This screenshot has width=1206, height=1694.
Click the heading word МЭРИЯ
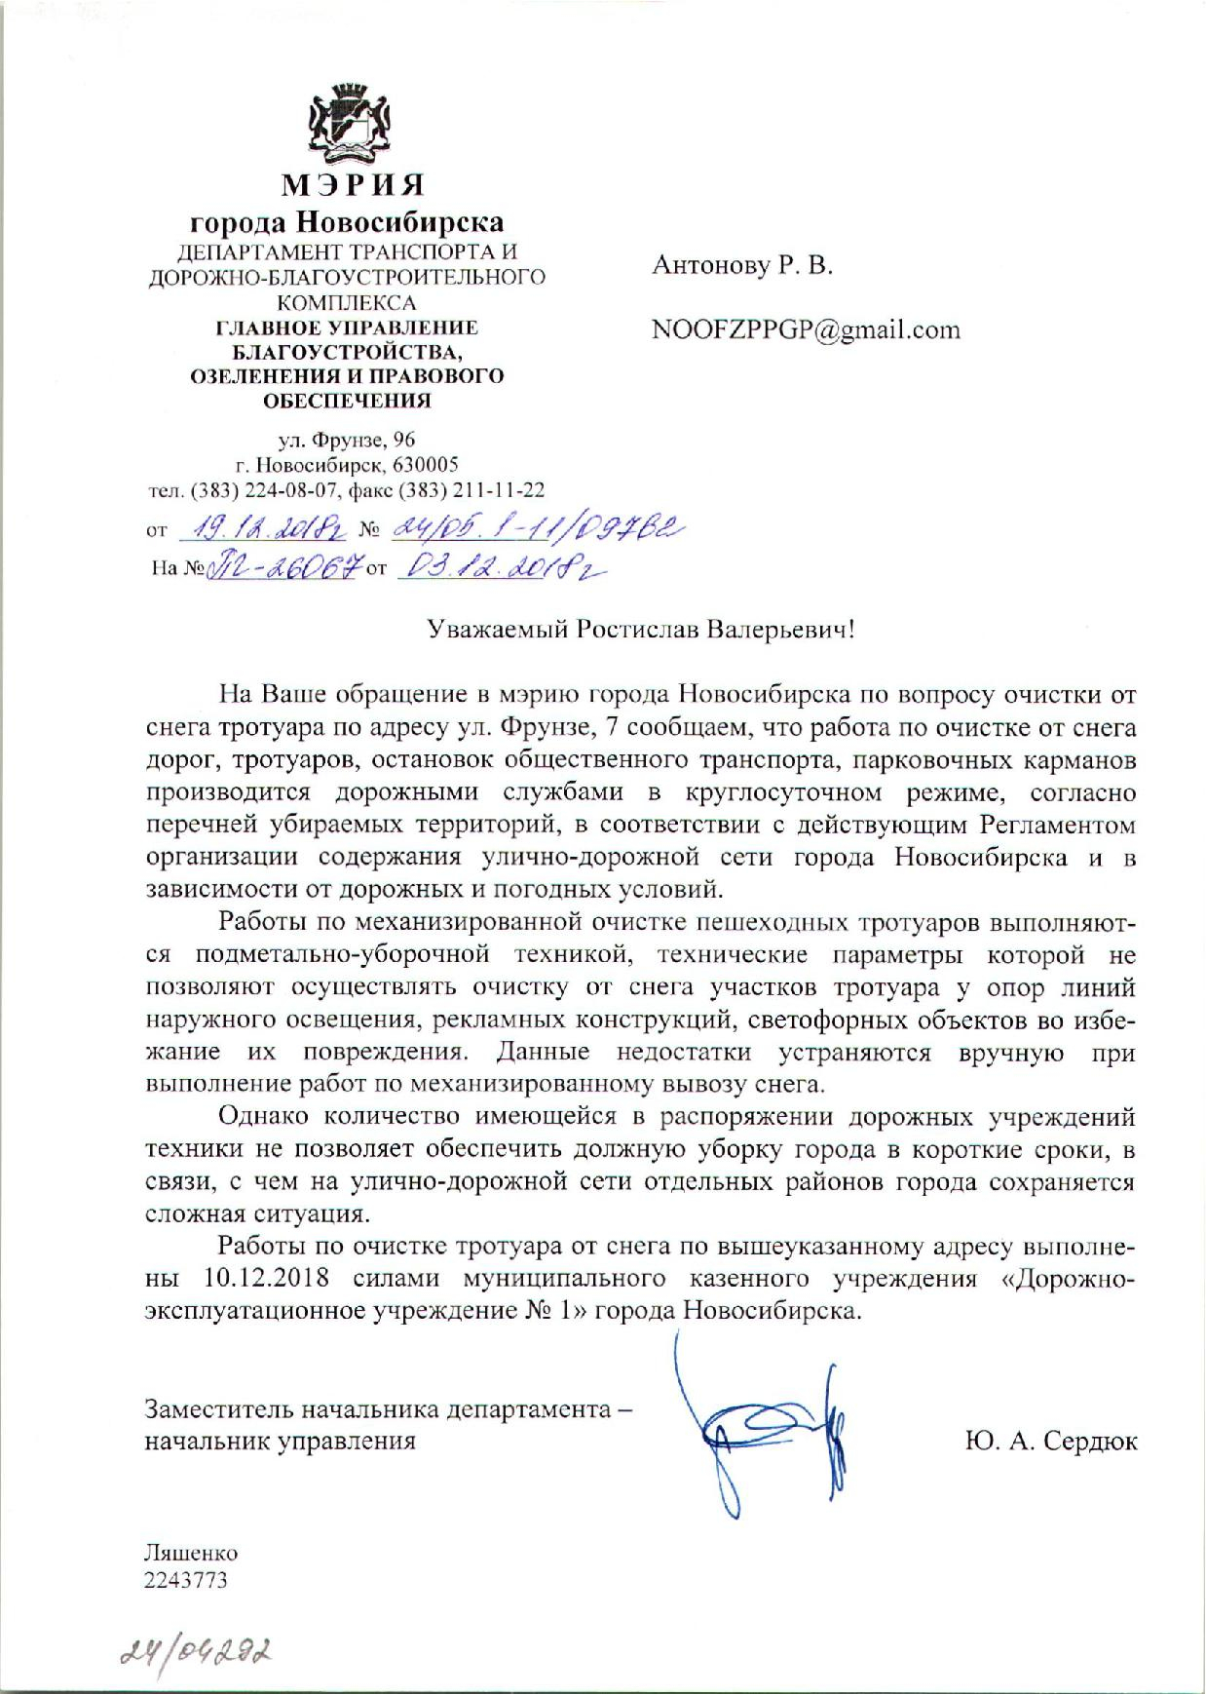coord(354,183)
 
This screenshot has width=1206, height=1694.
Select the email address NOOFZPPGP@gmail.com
coord(806,329)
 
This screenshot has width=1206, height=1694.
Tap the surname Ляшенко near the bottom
coord(191,1553)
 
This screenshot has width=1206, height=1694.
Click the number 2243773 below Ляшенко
coord(185,1580)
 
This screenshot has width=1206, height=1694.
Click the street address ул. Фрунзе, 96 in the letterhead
coord(348,440)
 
